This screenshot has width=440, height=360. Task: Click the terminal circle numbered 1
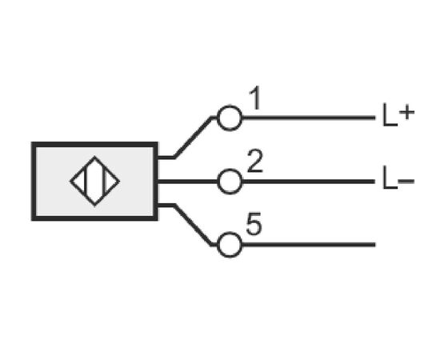coord(230,106)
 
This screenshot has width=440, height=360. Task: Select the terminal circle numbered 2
coord(230,170)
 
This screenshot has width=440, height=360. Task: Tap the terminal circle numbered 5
coord(230,234)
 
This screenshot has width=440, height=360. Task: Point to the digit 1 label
coord(256,98)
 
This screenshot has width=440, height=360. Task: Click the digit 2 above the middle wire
coord(254,161)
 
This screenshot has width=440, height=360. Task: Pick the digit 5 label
coord(254,224)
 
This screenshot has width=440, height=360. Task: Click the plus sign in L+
coord(407,113)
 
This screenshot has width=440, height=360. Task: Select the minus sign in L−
coord(406,181)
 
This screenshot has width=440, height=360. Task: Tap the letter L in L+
coord(390,115)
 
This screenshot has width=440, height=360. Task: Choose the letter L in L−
coord(390,178)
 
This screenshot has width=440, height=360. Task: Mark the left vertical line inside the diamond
coord(86,182)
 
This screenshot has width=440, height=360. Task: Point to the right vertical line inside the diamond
coord(104,182)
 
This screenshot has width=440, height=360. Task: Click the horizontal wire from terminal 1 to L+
coord(309,118)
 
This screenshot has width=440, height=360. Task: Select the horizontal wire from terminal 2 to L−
coord(309,182)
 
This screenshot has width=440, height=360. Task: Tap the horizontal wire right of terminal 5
coord(309,245)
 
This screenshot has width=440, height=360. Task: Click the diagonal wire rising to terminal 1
coord(193,138)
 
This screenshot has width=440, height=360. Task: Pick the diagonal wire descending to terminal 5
coord(193,225)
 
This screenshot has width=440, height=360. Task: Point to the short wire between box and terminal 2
coord(187,182)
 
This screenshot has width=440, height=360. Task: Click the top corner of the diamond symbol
coord(94,156)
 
